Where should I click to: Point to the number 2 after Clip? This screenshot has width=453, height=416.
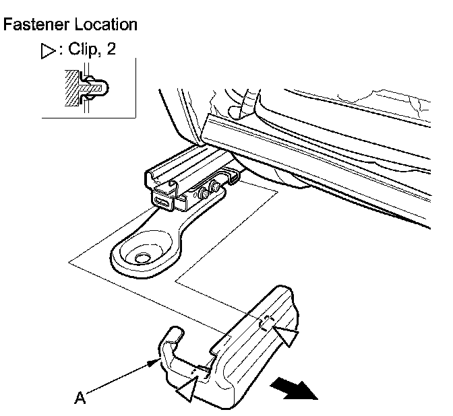click(x=111, y=51)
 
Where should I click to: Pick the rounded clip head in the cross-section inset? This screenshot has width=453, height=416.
click(x=97, y=88)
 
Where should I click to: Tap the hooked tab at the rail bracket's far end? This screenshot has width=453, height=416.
click(x=233, y=176)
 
